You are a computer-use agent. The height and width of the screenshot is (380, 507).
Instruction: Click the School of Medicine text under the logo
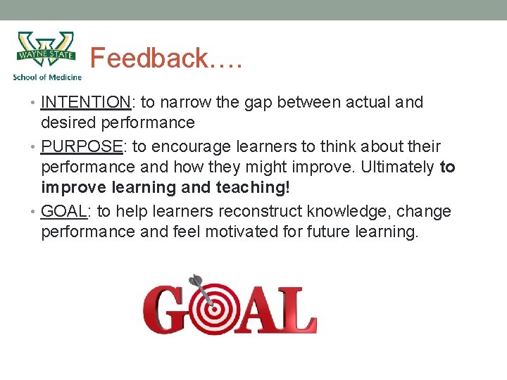[x=47, y=77]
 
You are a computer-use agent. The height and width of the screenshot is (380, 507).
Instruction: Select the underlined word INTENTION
[x=86, y=103]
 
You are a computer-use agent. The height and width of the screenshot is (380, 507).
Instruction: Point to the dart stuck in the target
[x=199, y=287]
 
